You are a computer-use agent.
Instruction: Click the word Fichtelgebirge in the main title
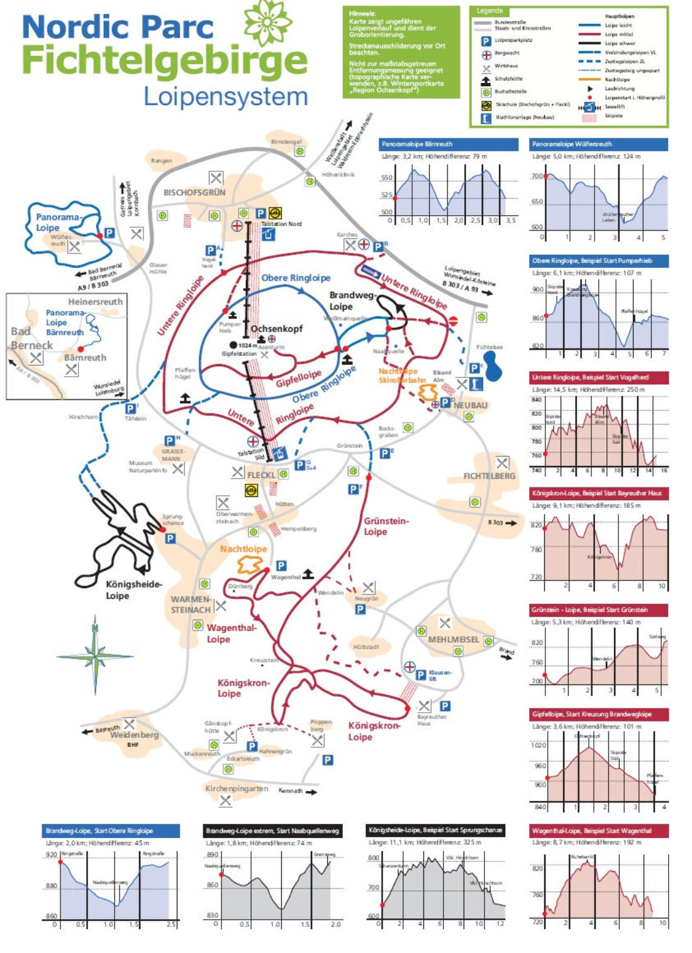pyautogui.click(x=165, y=61)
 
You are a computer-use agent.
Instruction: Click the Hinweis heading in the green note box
pyautogui.click(x=362, y=13)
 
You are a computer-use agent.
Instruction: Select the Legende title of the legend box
pyautogui.click(x=489, y=11)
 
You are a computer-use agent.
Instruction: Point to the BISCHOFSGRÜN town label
pyautogui.click(x=194, y=192)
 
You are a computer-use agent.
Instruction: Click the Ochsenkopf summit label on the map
pyautogui.click(x=277, y=328)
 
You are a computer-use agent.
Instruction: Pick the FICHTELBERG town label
pyautogui.click(x=489, y=476)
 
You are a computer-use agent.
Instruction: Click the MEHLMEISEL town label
pyautogui.click(x=453, y=640)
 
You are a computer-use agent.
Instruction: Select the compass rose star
pyautogui.click(x=95, y=656)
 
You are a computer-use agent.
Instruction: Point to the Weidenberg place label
pyautogui.click(x=134, y=735)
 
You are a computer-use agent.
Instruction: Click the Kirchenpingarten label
pyautogui.click(x=237, y=788)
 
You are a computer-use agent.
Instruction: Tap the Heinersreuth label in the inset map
pyautogui.click(x=95, y=302)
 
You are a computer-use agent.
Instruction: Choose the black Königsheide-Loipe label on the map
pyautogui.click(x=133, y=590)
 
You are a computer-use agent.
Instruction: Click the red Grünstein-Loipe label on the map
pyautogui.click(x=385, y=526)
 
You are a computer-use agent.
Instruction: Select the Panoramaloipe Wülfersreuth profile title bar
pyautogui.click(x=598, y=144)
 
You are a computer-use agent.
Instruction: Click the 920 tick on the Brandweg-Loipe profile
pyautogui.click(x=51, y=855)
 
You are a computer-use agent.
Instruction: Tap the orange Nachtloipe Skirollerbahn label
pyautogui.click(x=401, y=376)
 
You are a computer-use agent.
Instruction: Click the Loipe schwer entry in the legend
pyautogui.click(x=620, y=43)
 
